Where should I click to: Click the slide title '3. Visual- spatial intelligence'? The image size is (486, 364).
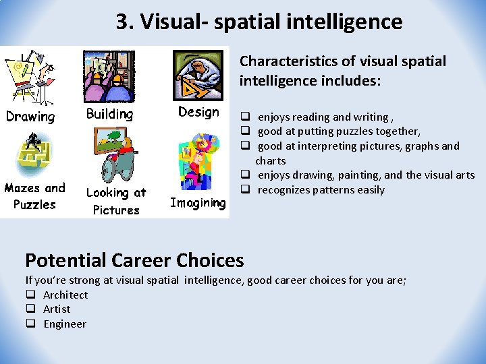click(259, 22)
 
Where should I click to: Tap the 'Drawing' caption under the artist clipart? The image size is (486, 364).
click(30, 116)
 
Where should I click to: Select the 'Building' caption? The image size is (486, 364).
click(109, 114)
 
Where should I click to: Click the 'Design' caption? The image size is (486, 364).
click(198, 112)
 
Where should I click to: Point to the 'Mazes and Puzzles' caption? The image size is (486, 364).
click(35, 195)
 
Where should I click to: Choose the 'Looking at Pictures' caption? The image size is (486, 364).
click(116, 201)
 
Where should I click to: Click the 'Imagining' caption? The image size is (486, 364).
click(197, 202)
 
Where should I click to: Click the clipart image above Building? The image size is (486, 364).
click(109, 75)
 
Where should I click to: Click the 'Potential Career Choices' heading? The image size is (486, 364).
click(134, 260)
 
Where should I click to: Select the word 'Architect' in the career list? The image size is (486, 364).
click(65, 295)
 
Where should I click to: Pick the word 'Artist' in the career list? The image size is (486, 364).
click(57, 309)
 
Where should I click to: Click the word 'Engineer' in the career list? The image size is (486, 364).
click(65, 324)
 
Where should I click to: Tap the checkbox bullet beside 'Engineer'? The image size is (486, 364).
click(30, 324)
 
